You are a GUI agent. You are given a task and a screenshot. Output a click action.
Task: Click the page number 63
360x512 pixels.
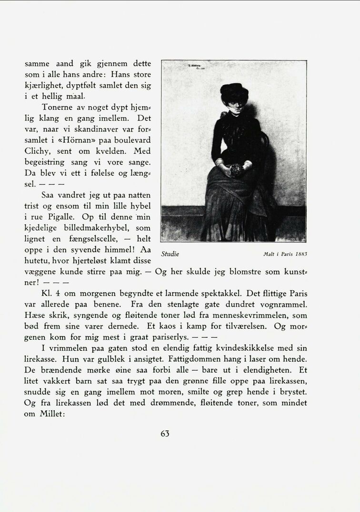[165, 433]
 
